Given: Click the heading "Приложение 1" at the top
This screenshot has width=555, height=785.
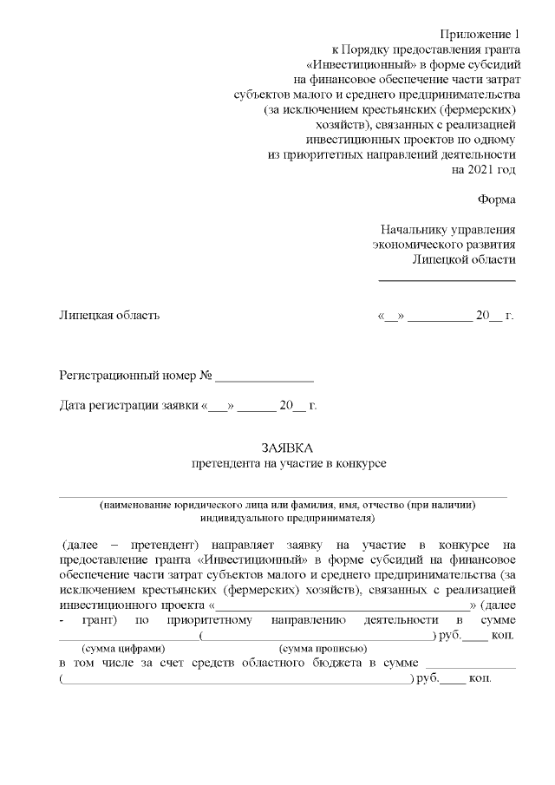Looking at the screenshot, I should (x=477, y=34).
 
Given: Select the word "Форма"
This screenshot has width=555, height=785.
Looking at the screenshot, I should (x=496, y=200).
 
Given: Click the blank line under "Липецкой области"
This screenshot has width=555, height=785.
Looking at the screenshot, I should (x=447, y=279).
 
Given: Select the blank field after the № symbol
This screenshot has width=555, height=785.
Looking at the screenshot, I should (x=264, y=379).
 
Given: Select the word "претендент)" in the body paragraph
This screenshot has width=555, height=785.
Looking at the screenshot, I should (x=166, y=545).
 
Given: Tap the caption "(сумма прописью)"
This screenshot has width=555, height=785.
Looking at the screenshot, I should (x=323, y=648).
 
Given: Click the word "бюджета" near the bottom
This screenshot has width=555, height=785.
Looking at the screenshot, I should (x=318, y=664).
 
